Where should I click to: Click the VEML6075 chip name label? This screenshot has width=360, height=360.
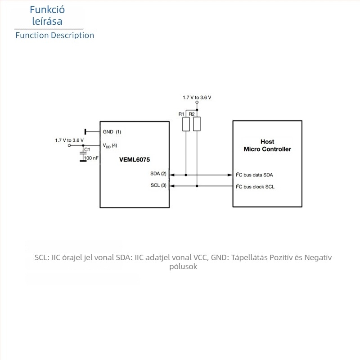[135, 160]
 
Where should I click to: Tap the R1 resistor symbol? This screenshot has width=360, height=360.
[186, 124]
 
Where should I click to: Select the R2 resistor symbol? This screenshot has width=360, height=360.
[197, 124]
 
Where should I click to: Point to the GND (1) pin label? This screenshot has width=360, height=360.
[112, 132]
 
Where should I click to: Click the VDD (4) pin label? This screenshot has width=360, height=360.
[110, 145]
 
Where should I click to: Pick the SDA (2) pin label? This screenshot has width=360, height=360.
[158, 174]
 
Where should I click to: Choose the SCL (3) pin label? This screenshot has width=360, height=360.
[158, 185]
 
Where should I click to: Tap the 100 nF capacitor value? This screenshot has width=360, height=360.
[91, 158]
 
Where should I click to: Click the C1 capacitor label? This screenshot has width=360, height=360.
[87, 149]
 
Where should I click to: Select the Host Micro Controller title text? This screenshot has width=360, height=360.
[267, 145]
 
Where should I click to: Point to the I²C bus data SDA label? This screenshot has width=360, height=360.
[254, 175]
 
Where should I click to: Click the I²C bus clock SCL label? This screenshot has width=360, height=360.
[255, 187]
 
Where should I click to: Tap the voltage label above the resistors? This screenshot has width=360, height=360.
[197, 98]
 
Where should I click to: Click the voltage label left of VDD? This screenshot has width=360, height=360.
[69, 140]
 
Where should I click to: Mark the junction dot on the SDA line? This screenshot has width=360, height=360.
[186, 175]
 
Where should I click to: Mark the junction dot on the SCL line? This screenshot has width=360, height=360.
[197, 186]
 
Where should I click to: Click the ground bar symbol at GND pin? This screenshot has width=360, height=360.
[85, 132]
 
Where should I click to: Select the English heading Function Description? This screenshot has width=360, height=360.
[55, 36]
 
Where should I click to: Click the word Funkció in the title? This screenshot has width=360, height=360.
[47, 9]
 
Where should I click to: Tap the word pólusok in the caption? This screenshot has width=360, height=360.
[183, 267]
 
